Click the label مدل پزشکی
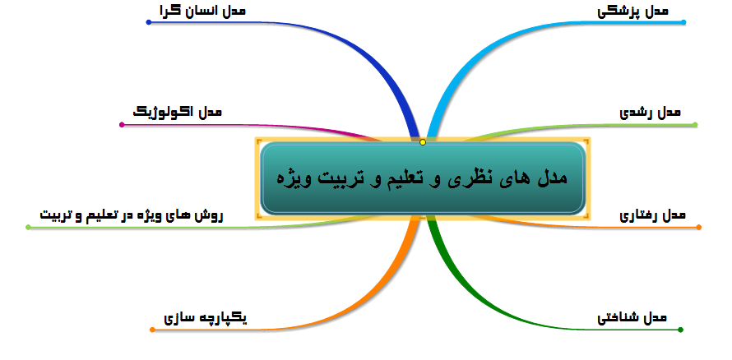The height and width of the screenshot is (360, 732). point(632,12)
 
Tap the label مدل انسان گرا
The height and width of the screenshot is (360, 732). point(202,11)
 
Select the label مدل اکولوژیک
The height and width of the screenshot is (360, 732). point(177,113)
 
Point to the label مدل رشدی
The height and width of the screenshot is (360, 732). point(650,113)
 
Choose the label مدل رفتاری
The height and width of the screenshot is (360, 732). point(653,215)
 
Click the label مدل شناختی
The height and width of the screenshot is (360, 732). point(632,318)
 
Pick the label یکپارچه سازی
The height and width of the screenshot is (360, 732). point(206,318)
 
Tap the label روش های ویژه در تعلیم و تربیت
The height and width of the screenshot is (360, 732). point(132,215)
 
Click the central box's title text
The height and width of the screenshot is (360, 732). point(422,178)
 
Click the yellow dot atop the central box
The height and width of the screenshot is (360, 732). point(423,142)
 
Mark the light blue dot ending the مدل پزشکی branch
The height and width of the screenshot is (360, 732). point(683,22)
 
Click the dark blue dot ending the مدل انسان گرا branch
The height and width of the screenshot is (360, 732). point(148,22)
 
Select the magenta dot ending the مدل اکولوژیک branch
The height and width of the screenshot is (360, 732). point(122,124)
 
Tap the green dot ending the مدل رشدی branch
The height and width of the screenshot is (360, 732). point(695,124)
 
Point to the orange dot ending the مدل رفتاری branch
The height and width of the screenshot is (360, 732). point(699,227)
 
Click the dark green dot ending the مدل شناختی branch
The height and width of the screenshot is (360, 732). point(680,330)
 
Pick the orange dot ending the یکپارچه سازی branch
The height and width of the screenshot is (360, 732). point(152,330)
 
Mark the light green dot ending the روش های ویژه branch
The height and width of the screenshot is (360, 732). point(28,227)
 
